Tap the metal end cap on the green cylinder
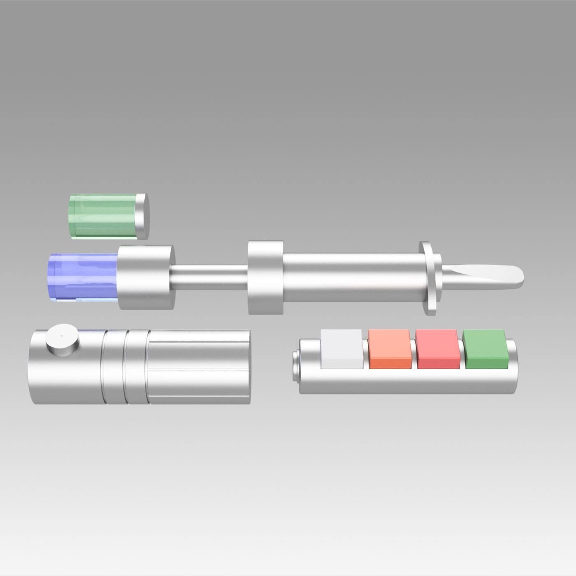[x=142, y=216]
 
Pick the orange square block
[x=390, y=349]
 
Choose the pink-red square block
[x=437, y=349]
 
